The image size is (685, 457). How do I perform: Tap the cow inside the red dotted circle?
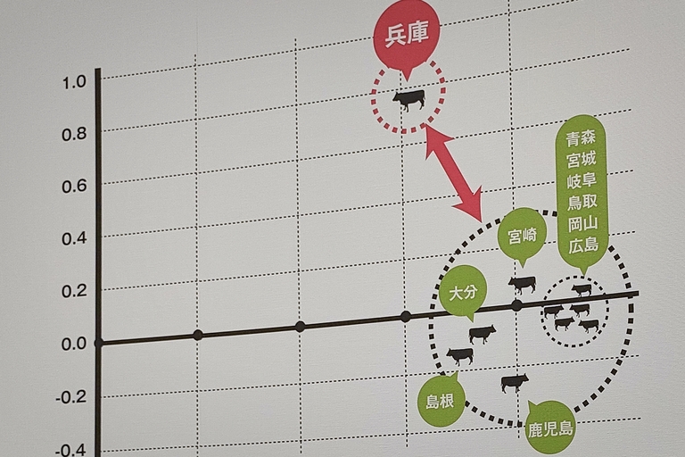point(409,101)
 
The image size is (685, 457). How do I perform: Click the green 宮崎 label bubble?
point(523,237)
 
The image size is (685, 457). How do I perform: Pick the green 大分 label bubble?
point(463,293)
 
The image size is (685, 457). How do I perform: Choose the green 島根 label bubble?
point(440,400)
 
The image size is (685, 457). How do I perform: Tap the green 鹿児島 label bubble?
point(550,428)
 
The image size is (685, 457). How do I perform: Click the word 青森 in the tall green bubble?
point(581,137)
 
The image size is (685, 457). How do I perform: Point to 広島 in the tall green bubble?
point(583,245)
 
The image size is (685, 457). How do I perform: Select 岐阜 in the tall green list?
point(582,180)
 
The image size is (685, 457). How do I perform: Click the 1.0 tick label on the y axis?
point(74,82)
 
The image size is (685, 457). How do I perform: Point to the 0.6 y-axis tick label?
point(74,187)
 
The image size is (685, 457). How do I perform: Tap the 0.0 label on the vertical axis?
point(74,345)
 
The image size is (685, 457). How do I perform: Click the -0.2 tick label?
point(70,398)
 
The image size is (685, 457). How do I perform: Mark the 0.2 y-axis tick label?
point(74,292)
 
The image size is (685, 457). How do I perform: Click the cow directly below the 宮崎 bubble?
point(522,285)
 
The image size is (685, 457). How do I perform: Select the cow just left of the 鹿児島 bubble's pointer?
point(515,383)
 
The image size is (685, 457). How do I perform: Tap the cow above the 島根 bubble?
point(460,356)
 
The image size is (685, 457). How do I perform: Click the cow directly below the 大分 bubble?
point(483,335)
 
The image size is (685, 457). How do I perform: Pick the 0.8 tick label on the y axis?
point(74,134)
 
